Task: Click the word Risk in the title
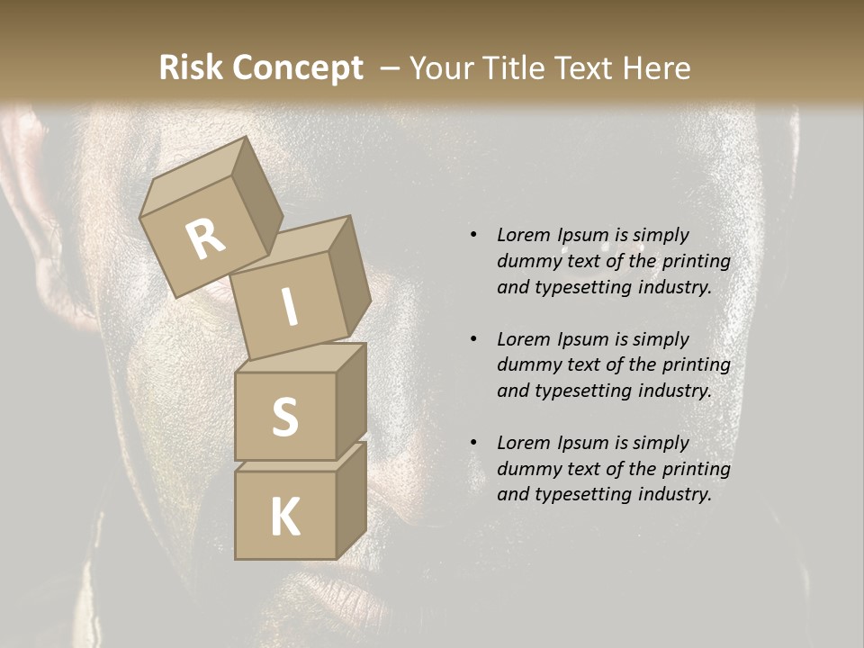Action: point(189,68)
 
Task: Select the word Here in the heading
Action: point(657,68)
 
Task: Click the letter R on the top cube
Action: point(206,238)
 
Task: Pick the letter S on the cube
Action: point(284,416)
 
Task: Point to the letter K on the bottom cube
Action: point(284,517)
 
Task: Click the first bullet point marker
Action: point(473,235)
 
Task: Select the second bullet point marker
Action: point(473,339)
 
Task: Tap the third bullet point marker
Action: point(473,443)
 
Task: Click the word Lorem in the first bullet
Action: point(522,235)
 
